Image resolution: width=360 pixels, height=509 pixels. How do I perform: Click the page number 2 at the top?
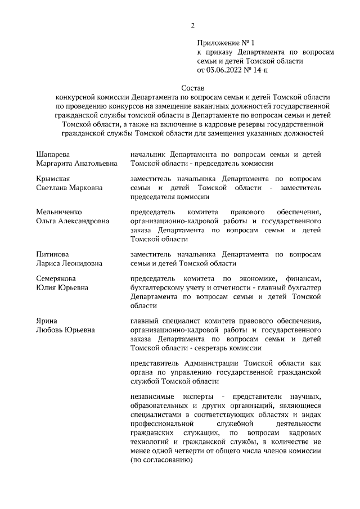(192, 25)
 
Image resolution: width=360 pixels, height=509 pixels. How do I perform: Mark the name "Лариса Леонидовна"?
(69, 264)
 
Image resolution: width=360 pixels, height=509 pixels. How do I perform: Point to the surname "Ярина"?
(47, 321)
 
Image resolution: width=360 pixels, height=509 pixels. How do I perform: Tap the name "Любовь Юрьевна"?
(65, 330)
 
